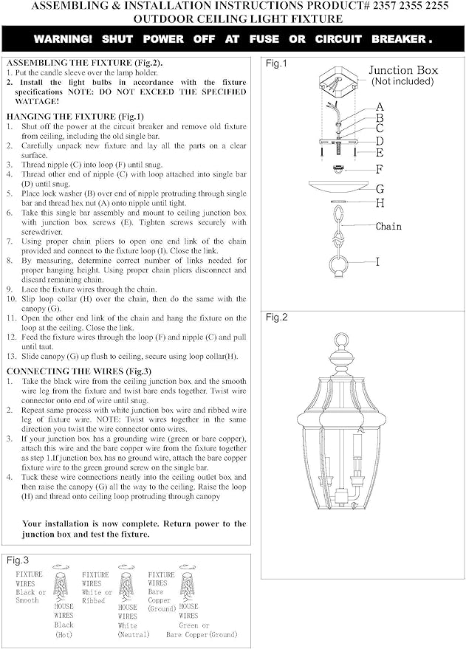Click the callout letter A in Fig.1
pyautogui.click(x=379, y=107)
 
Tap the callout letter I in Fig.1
pyautogui.click(x=378, y=261)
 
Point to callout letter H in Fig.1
pyautogui.click(x=379, y=202)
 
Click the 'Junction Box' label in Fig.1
pyautogui.click(x=403, y=70)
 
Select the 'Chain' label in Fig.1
pyautogui.click(x=388, y=226)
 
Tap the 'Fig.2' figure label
pyautogui.click(x=276, y=317)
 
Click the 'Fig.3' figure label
pyautogui.click(x=18, y=561)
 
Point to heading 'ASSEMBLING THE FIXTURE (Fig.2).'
pyautogui.click(x=83, y=63)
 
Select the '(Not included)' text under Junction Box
pyautogui.click(x=402, y=81)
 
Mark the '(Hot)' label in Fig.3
pyautogui.click(x=64, y=634)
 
